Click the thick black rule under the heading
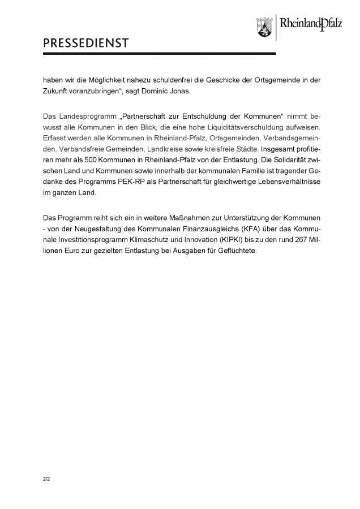pos(159,54)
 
